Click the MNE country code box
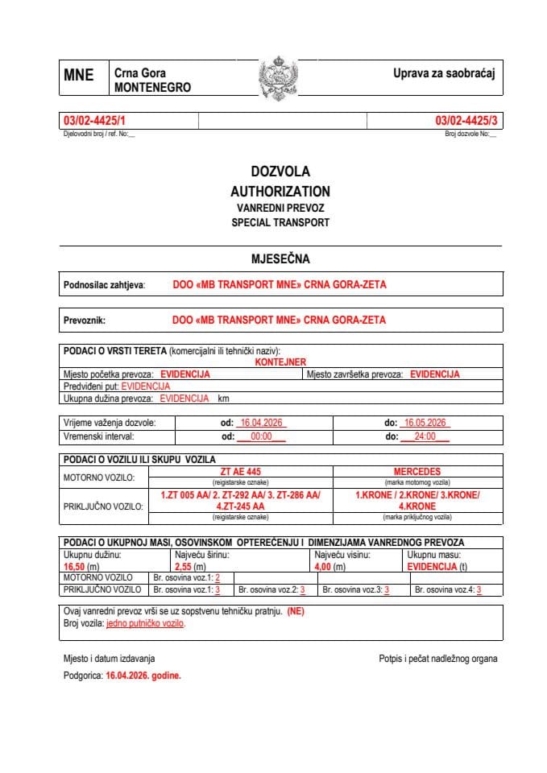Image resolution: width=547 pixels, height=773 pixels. click(x=79, y=76)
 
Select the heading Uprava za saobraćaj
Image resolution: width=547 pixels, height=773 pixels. click(x=443, y=73)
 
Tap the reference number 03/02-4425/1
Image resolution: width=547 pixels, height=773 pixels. click(x=94, y=121)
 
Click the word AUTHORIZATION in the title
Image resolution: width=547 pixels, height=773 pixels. click(x=280, y=192)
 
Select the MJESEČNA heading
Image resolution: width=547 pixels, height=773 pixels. click(x=280, y=258)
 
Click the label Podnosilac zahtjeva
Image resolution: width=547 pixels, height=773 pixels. click(x=104, y=284)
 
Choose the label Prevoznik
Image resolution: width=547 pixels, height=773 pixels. click(x=85, y=320)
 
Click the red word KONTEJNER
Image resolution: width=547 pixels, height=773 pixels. click(x=280, y=362)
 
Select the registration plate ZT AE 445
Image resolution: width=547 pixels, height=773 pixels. click(x=241, y=471)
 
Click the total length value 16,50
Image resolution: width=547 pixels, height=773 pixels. click(x=74, y=567)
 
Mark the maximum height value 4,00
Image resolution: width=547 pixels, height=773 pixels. click(x=325, y=567)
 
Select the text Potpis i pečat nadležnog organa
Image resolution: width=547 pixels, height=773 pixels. click(x=437, y=659)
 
